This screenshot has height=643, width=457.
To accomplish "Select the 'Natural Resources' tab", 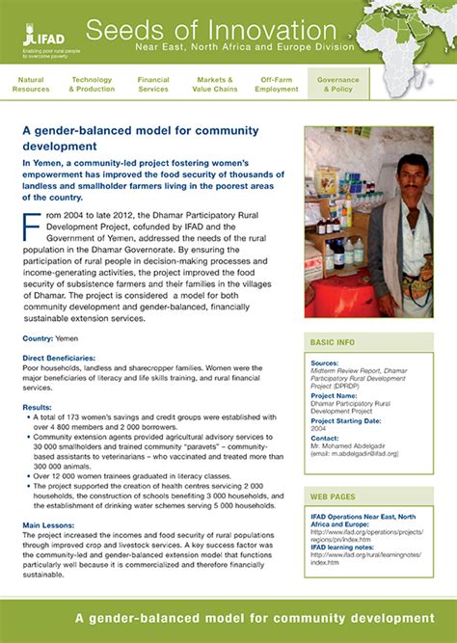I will point(31,85).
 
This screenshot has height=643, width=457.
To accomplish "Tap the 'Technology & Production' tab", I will point(92,85).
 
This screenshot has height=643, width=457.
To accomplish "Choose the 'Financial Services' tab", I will point(153,85).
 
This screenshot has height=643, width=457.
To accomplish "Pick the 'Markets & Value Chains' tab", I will point(215,85).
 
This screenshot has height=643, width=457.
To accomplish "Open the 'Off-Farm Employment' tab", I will point(277,85).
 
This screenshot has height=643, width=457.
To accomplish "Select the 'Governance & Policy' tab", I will point(338,85).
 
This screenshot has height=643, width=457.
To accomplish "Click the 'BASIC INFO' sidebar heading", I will point(333,342).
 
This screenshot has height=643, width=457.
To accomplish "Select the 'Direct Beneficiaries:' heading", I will point(63,358).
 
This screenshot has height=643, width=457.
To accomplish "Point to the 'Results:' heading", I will point(38,408).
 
